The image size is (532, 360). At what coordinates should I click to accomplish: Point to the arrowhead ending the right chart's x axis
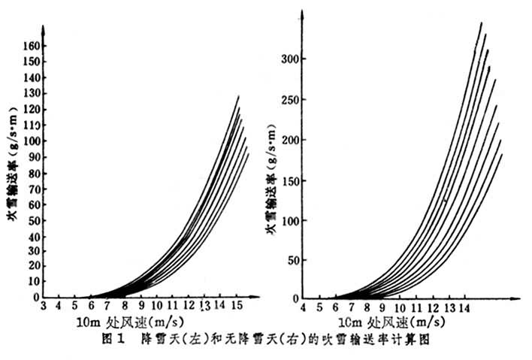[518, 300]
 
